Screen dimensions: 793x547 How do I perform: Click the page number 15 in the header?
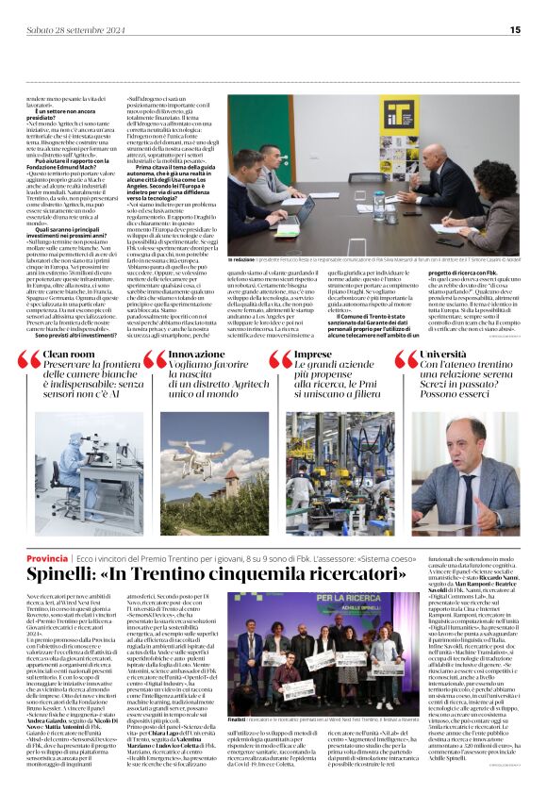click(x=529, y=27)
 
